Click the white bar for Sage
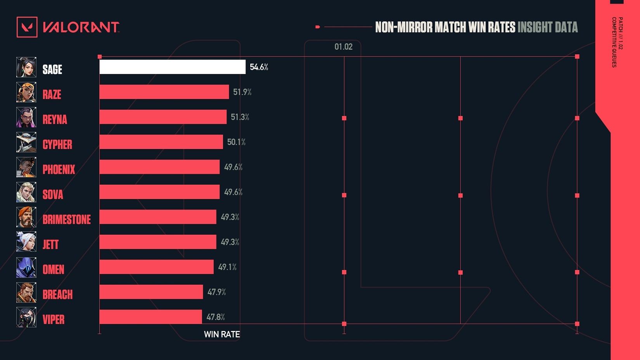(x=172, y=67)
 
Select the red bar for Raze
(x=164, y=92)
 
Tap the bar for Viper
(x=150, y=317)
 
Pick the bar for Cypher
(x=161, y=142)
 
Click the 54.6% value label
(x=259, y=67)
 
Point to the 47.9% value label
(x=216, y=292)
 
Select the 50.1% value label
(x=236, y=142)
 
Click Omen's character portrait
(x=26, y=268)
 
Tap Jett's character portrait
(x=26, y=242)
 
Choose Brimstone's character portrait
(x=26, y=217)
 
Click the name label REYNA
(x=55, y=119)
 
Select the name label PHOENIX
(x=59, y=170)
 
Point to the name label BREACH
(x=57, y=295)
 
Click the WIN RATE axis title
(x=222, y=334)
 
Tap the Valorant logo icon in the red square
(x=27, y=27)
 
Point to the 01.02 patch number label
(x=343, y=47)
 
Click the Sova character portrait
(x=26, y=192)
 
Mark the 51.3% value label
(x=240, y=117)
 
